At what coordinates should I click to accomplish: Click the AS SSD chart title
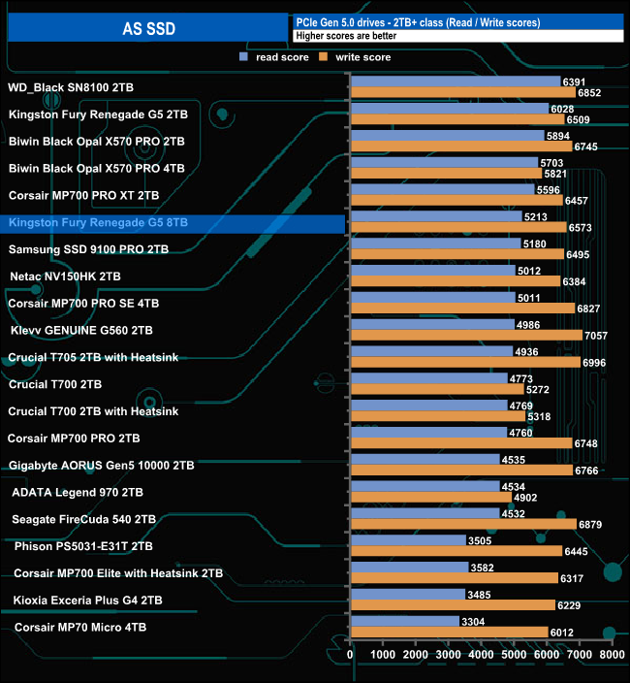[x=148, y=28]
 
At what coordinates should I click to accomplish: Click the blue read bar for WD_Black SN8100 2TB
[x=455, y=81]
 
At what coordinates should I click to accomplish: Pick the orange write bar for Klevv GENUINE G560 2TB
[x=466, y=336]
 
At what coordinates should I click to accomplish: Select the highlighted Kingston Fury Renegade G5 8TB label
[x=98, y=223]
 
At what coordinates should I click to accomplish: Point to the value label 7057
[x=598, y=336]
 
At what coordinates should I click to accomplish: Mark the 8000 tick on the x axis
[x=611, y=655]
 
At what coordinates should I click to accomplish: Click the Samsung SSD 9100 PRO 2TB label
[x=88, y=249]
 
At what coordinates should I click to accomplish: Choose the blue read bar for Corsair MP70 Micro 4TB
[x=404, y=621]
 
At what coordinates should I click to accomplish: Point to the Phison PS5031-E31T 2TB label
[x=83, y=546]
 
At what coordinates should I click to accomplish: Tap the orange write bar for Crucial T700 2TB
[x=436, y=390]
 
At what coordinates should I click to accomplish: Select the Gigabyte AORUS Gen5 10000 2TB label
[x=101, y=465]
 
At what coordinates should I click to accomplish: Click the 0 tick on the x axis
[x=351, y=655]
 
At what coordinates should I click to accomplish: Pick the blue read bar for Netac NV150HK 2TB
[x=432, y=271]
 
